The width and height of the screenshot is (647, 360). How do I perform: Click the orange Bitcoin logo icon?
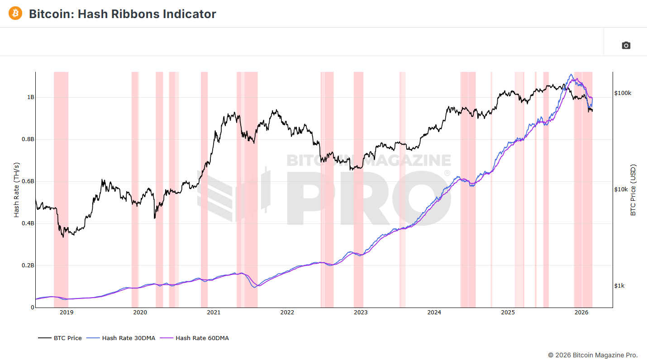point(15,13)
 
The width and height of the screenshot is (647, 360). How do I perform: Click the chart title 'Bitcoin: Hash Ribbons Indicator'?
point(122,14)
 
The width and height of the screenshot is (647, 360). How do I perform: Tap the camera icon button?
point(626,45)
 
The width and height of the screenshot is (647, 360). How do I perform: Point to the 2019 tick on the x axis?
point(66,313)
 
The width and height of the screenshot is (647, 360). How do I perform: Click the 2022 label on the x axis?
point(287,313)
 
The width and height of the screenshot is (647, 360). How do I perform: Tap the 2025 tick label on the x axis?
point(508,313)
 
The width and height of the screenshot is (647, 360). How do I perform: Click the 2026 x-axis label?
point(581,313)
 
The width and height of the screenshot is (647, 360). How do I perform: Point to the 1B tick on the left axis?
point(30,97)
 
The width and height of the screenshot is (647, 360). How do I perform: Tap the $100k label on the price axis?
point(623,93)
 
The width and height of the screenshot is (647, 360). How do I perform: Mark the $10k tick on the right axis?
point(621,189)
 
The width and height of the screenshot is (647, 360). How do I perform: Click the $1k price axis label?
point(619,286)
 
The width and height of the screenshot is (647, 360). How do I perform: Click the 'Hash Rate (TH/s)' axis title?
point(17,190)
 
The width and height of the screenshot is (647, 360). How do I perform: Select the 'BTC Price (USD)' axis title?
point(633,190)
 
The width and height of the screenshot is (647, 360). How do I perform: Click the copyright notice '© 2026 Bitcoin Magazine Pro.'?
point(593,355)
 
